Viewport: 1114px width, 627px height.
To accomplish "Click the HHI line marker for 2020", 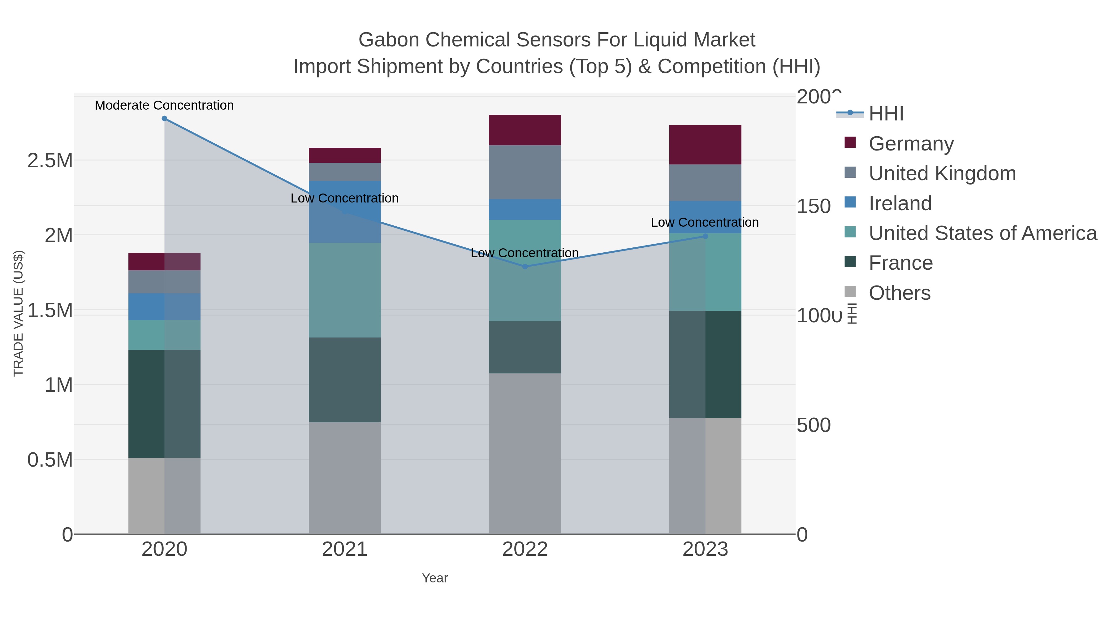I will pyautogui.click(x=164, y=119).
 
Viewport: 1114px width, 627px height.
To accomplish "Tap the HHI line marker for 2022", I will pyautogui.click(x=525, y=267).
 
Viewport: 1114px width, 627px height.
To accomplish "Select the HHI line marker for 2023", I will pyautogui.click(x=705, y=236).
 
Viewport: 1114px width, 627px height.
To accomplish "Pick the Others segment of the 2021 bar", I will pyautogui.click(x=345, y=478).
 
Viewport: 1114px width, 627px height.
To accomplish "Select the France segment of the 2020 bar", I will pyautogui.click(x=164, y=404).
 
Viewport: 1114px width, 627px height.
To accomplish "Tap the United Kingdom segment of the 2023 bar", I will pyautogui.click(x=705, y=183).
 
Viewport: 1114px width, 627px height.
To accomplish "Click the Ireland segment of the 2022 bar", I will pyautogui.click(x=525, y=209).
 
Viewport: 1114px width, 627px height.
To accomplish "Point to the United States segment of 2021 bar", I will pyautogui.click(x=345, y=290).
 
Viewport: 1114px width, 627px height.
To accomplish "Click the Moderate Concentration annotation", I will pyautogui.click(x=164, y=105).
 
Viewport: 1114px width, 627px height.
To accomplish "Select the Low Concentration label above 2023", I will pyautogui.click(x=705, y=222).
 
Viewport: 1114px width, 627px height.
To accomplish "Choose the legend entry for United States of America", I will pyautogui.click(x=982, y=233).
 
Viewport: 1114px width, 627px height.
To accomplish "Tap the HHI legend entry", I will pyautogui.click(x=886, y=114).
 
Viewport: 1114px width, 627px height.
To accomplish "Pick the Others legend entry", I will pyautogui.click(x=900, y=293).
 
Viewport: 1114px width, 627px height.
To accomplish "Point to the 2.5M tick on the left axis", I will pyautogui.click(x=50, y=160).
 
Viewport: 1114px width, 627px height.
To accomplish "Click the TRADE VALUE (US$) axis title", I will pyautogui.click(x=18, y=313).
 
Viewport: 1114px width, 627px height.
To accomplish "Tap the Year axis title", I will pyautogui.click(x=435, y=578).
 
